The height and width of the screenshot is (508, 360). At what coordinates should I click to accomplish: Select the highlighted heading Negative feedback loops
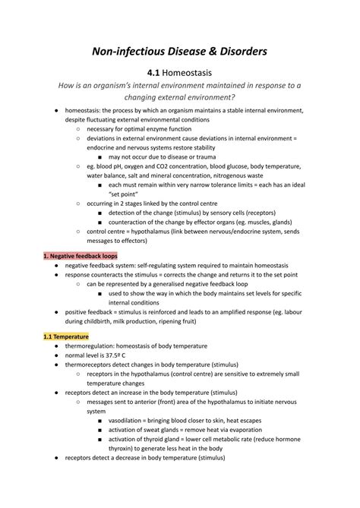click(x=82, y=256)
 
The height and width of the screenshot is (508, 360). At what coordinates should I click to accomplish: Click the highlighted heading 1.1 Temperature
click(x=66, y=336)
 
